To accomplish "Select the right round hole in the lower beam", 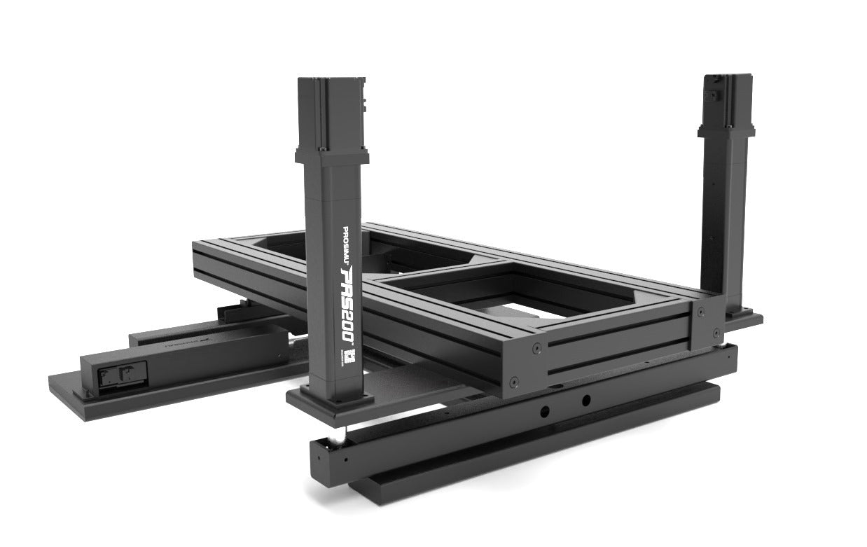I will [x=585, y=400].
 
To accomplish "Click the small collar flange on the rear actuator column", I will [x=726, y=132].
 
